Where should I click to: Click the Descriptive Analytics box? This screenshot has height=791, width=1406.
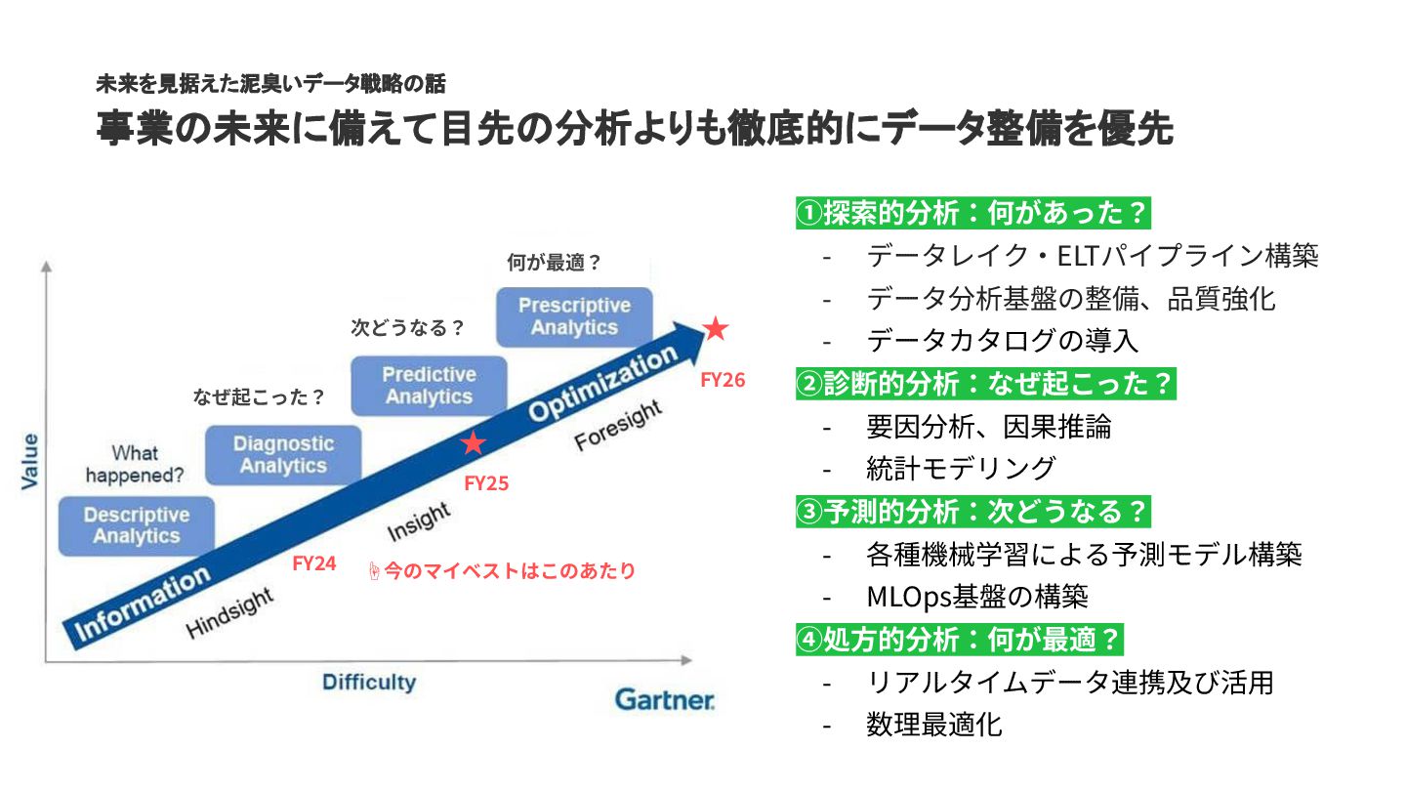(137, 525)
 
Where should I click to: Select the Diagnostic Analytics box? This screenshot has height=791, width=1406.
(283, 455)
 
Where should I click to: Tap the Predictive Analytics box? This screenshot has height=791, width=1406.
(429, 386)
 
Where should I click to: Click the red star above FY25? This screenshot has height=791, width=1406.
(474, 443)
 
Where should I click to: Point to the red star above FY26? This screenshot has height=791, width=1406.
(716, 329)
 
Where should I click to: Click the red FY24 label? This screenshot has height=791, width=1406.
(314, 563)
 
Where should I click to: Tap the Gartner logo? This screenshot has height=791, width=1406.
(665, 700)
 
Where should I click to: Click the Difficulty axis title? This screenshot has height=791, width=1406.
(369, 682)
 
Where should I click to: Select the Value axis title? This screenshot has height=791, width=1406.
(30, 461)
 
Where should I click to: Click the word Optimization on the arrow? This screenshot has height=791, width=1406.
(602, 384)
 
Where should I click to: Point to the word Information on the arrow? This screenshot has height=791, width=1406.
(143, 603)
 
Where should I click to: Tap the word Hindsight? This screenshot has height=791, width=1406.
(229, 613)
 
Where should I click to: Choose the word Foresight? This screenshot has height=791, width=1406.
(618, 426)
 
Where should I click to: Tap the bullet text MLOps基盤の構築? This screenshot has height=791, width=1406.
(976, 596)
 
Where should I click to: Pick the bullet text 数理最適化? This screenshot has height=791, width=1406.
(933, 725)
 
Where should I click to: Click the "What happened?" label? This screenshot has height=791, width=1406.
(135, 464)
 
